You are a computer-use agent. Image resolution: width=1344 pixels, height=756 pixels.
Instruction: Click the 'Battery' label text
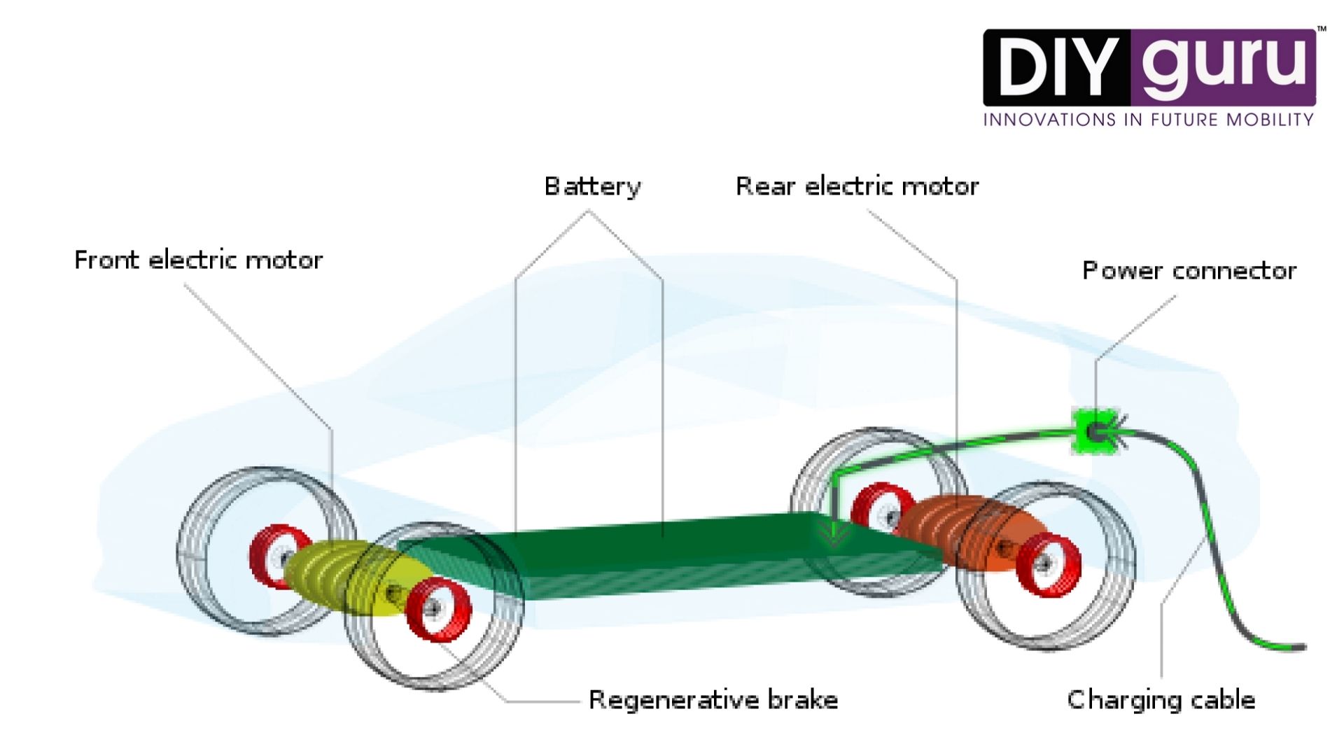[592, 187]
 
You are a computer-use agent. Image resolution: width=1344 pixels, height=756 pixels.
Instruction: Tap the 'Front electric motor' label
[198, 260]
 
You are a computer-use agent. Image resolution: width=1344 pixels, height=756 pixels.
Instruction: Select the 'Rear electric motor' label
[857, 187]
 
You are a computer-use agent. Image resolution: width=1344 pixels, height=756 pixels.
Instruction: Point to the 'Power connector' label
[1189, 271]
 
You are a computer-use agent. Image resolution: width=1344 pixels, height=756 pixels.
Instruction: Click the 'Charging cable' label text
[1161, 700]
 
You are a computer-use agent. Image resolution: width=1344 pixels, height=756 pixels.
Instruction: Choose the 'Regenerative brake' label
[713, 700]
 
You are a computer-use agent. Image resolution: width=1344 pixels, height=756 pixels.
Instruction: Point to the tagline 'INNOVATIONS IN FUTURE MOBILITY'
[1148, 120]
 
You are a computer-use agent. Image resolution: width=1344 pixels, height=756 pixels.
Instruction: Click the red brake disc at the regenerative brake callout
[438, 610]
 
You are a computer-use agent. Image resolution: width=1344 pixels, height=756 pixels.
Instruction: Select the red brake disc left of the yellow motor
[277, 556]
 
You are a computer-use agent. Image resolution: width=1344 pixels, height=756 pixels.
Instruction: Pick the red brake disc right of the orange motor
[1048, 564]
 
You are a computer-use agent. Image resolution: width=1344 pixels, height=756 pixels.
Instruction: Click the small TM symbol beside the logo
[1322, 29]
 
